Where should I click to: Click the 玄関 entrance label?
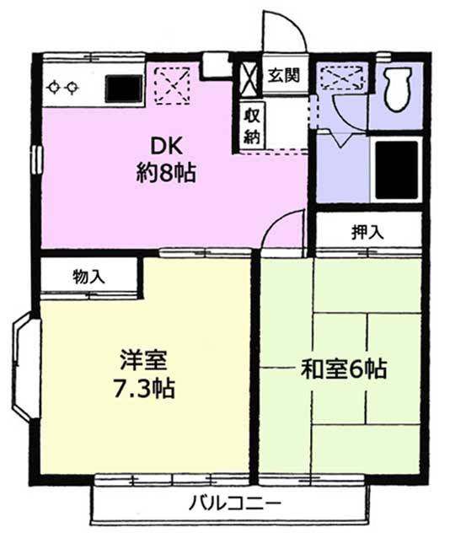tap(283, 76)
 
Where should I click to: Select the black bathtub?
tap(396, 167)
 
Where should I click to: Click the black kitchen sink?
tap(125, 87)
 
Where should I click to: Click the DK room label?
tap(165, 144)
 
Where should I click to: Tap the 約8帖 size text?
tap(165, 175)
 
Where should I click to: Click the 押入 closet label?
tap(367, 232)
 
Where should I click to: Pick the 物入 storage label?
tap(88, 276)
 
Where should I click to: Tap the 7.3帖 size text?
tap(146, 390)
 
